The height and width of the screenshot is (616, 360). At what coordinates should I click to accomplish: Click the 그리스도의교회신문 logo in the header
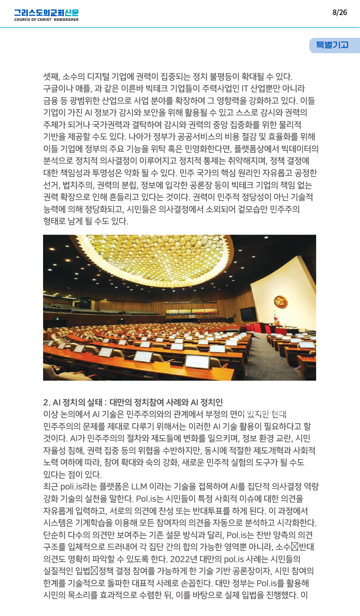[46, 13]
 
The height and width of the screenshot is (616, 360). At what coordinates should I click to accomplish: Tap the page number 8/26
[339, 13]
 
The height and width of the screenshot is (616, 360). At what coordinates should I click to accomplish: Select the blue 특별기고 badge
[332, 45]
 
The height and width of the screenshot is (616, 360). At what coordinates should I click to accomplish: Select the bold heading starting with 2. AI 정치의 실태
[133, 402]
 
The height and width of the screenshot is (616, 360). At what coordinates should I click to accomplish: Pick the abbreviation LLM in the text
[139, 487]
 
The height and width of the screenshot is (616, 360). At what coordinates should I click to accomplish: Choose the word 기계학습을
[94, 523]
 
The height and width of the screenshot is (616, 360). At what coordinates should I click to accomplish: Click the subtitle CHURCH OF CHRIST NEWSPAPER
[46, 20]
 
